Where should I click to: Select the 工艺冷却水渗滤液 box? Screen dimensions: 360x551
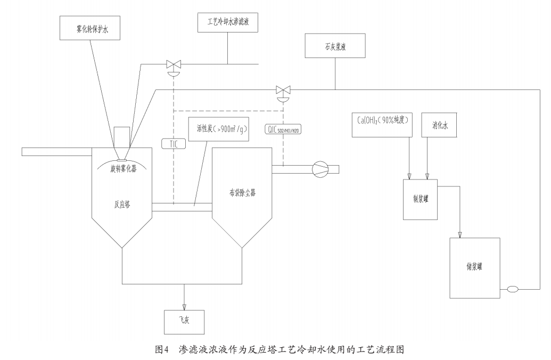click(228, 24)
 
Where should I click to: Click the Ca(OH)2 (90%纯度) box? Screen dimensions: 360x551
click(383, 124)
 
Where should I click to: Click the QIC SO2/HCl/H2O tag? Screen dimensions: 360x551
click(283, 128)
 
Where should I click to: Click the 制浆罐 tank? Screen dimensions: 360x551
click(419, 199)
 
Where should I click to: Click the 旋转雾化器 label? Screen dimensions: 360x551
click(122, 169)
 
